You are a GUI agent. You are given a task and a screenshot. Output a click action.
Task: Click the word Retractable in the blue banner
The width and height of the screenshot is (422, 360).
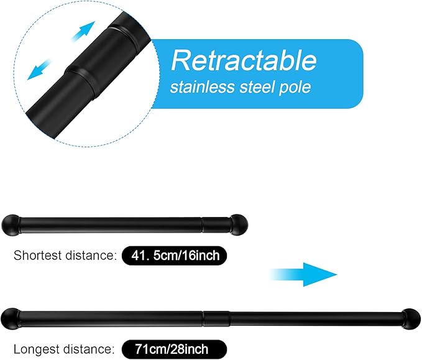tap(244, 60)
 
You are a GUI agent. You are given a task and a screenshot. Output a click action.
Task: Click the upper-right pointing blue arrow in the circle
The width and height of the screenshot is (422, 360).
tap(84, 30)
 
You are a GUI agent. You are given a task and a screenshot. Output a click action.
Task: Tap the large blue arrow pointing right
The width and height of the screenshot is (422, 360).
tap(303, 274)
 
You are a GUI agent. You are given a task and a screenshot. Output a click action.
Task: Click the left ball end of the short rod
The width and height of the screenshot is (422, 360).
tap(10, 225)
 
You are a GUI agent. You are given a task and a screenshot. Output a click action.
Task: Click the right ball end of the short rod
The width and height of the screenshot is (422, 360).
tap(239, 225)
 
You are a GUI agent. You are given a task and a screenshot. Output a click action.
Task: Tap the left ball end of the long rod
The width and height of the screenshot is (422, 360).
tap(10, 319)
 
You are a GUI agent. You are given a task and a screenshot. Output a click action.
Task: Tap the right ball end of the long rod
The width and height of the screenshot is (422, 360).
tap(411, 319)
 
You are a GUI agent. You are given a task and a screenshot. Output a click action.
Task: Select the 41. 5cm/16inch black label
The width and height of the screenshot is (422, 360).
tap(175, 256)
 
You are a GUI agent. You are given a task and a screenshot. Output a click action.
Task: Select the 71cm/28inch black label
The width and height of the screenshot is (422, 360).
tap(175, 349)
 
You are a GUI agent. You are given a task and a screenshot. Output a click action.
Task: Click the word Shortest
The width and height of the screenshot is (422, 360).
tap(38, 256)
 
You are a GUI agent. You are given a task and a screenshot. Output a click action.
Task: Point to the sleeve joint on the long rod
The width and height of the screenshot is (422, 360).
tap(216, 319)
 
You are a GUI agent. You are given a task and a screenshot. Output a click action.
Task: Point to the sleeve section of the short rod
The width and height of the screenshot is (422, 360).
tap(216, 225)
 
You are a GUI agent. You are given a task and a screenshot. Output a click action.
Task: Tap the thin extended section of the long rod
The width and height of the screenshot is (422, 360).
tap(316, 319)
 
